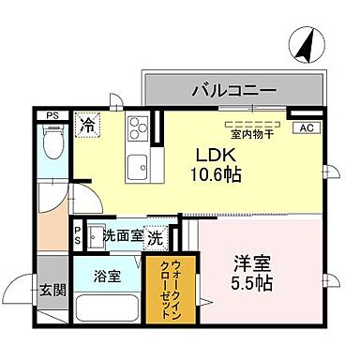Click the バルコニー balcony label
233,91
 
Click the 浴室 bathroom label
107,277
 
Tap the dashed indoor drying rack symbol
248,123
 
